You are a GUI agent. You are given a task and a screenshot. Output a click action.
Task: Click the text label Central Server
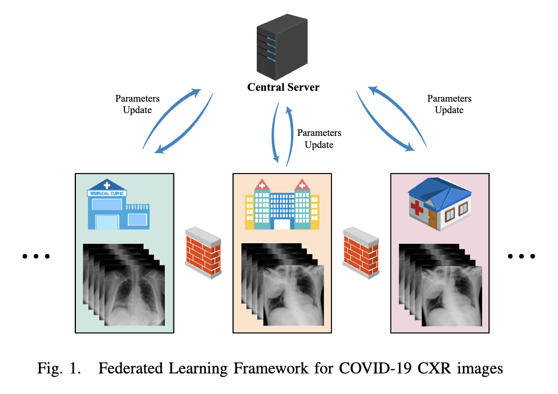coord(283,87)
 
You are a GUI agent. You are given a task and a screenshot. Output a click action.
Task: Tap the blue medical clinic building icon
coord(118,205)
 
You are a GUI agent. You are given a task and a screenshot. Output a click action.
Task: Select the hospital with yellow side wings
coord(282,206)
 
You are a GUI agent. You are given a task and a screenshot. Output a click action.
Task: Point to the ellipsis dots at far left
coord(37,256)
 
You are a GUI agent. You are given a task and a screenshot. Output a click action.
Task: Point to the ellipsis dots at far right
coord(521,256)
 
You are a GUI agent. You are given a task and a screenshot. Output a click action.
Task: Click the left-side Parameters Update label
coord(138,104)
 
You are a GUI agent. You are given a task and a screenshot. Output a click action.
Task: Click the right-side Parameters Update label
coord(449,104)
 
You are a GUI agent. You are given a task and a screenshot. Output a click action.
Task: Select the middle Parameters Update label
coord(319,139)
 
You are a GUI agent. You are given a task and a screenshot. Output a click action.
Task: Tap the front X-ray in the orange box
coord(293,294)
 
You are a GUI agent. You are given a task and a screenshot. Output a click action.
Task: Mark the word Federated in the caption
coord(129,368)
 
